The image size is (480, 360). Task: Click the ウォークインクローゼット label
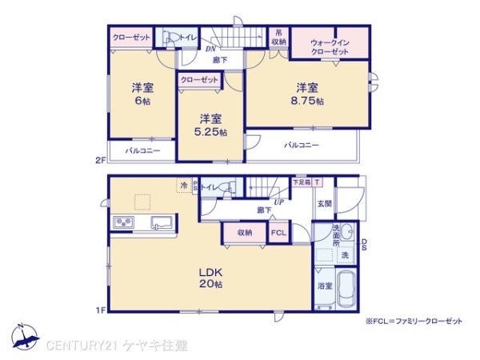tap(330, 46)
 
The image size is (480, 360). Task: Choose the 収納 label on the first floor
tap(244, 233)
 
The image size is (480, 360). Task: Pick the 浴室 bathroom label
tap(323, 286)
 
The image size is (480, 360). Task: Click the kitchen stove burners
tap(125, 222)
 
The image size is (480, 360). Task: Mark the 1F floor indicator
tap(101, 309)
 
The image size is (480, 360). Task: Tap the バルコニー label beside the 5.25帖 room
tap(302, 146)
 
